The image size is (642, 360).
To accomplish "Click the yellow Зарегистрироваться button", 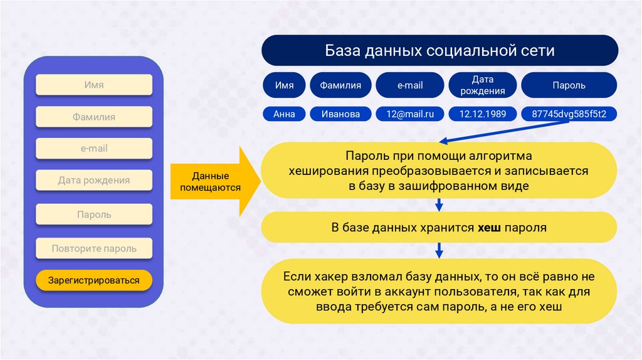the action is (93, 280).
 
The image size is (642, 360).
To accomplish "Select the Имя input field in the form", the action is (93, 85).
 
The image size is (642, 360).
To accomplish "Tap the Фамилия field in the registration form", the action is (93, 117).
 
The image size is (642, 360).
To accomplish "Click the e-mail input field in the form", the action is (93, 149).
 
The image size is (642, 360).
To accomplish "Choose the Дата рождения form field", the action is (93, 181).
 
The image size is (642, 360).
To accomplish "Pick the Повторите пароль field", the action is (93, 248).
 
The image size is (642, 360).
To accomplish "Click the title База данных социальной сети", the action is (439, 51).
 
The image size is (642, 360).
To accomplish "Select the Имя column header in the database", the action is (284, 85).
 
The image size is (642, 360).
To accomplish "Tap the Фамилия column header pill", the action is (340, 85).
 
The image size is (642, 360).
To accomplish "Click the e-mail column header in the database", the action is (409, 85).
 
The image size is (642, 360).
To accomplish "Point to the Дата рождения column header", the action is (482, 85).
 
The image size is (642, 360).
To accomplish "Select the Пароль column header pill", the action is (569, 85).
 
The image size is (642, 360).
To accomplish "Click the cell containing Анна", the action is (284, 114).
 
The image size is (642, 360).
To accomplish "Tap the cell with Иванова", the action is (340, 114).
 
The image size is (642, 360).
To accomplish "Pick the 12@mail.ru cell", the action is (409, 114).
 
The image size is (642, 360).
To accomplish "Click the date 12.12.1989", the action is (482, 114).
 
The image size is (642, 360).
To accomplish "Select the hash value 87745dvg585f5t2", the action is (569, 114).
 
